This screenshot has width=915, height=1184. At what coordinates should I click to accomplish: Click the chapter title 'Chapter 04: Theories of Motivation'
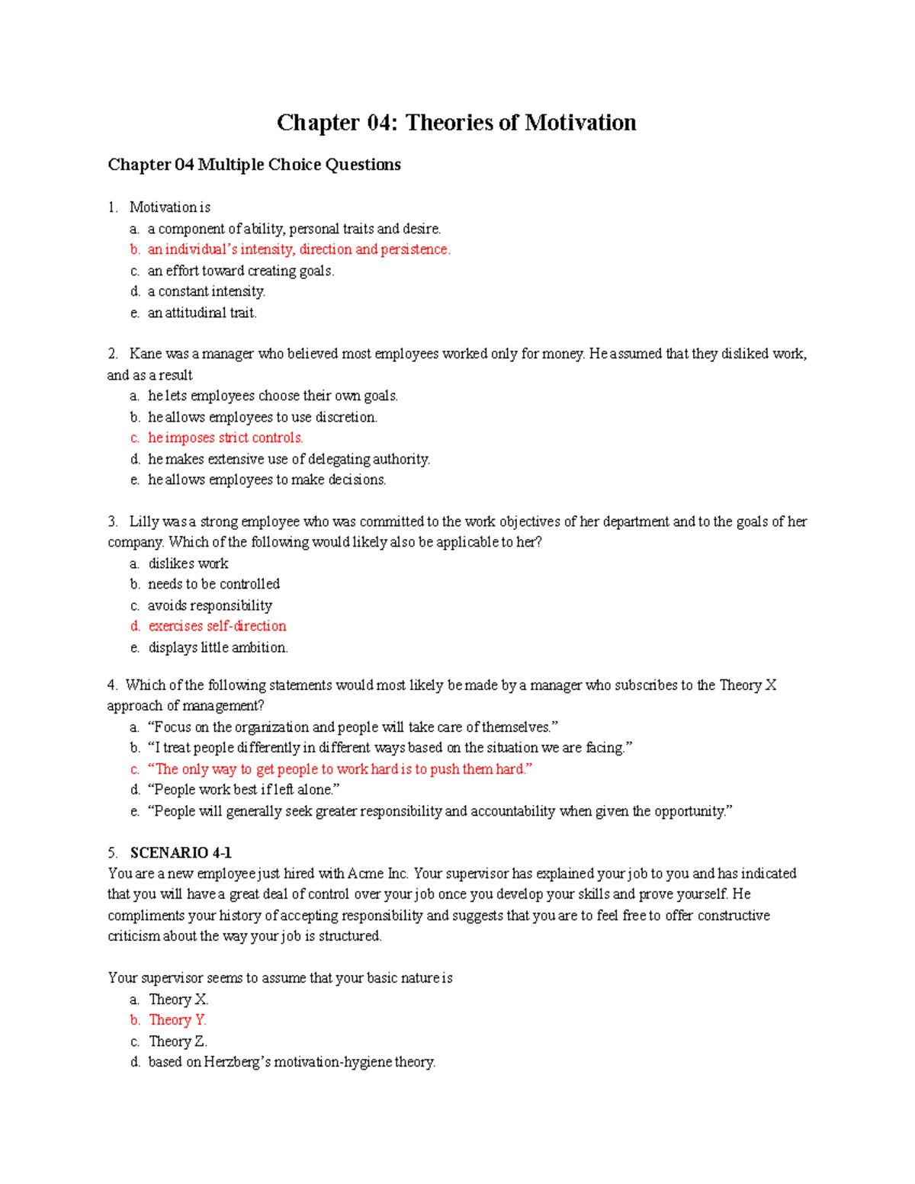coord(456,123)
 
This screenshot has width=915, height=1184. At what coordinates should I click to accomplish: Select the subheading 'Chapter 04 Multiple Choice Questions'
coord(254,165)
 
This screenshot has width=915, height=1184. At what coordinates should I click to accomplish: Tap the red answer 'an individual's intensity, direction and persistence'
coord(299,249)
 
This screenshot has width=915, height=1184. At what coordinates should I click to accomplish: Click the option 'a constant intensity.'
coord(207,291)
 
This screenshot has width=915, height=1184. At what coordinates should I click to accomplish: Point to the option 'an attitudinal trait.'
coord(202,313)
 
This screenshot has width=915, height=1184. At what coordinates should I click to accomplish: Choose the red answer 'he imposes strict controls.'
coord(226,438)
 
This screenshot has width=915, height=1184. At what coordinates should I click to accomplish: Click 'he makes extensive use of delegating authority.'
coord(289,459)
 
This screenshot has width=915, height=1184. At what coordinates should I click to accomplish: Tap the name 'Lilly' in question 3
coord(143,521)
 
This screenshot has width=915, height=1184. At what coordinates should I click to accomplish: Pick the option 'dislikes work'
coord(188,563)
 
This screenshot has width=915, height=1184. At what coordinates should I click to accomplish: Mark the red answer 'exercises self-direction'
coord(217,626)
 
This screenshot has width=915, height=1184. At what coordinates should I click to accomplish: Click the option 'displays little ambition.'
coord(218,647)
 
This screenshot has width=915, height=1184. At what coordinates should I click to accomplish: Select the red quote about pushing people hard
coord(340,769)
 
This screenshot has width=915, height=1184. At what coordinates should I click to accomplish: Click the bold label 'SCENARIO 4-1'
coord(181,852)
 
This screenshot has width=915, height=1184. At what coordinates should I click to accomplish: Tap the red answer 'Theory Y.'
coord(178,1020)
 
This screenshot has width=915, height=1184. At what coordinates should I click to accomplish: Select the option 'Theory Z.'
coord(178,1041)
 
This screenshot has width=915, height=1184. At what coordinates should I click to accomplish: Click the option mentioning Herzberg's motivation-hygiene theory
coord(292,1062)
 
